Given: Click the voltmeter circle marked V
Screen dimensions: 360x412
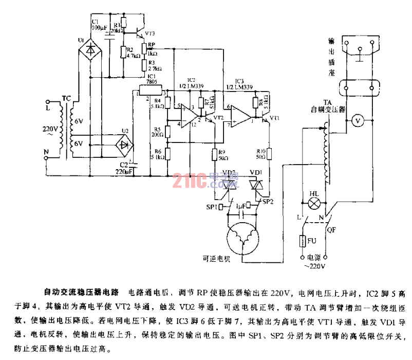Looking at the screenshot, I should (x=360, y=120).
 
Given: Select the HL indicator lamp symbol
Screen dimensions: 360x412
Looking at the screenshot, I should (x=314, y=202).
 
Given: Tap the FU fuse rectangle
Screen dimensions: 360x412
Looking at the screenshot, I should (x=302, y=241).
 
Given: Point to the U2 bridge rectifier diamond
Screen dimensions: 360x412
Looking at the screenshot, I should (x=123, y=143).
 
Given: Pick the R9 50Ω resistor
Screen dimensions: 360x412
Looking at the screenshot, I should (x=215, y=154).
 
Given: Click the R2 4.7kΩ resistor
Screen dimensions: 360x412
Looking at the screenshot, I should (x=122, y=52).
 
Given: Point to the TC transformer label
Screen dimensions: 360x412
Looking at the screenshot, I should (x=67, y=98).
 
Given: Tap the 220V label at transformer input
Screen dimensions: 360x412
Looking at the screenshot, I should (x=44, y=129).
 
